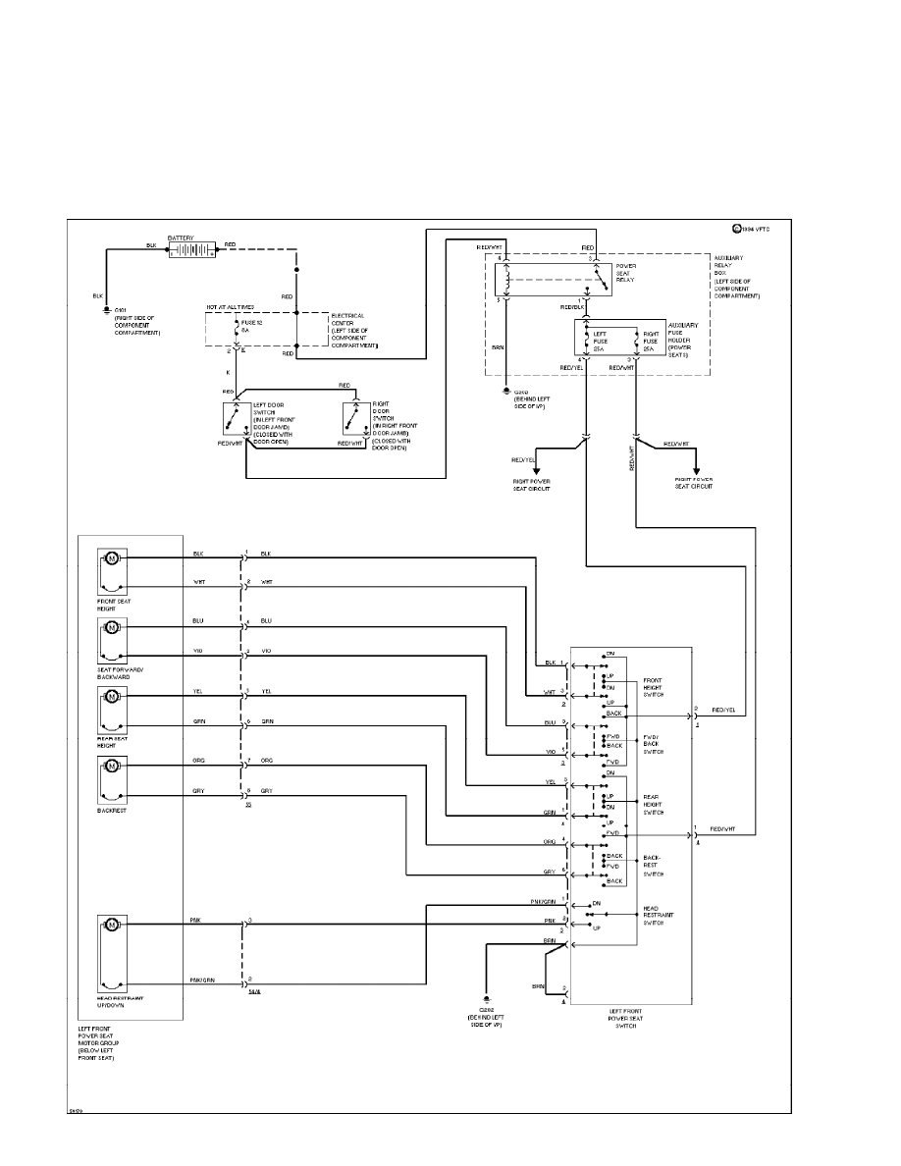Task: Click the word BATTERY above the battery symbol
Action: coord(181,238)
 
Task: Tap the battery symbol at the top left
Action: coord(191,251)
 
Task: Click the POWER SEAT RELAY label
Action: coord(625,273)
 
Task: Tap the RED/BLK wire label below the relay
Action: coord(573,307)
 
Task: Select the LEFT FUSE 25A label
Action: coord(600,341)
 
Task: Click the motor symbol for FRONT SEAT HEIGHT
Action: coord(112,558)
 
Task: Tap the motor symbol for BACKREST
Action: coord(112,766)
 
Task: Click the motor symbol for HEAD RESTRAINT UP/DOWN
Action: coord(112,925)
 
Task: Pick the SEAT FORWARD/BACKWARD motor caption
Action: coord(121,672)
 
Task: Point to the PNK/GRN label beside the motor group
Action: coord(203,980)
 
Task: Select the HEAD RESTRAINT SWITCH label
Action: coord(657,916)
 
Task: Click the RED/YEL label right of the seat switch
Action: coord(724,709)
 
